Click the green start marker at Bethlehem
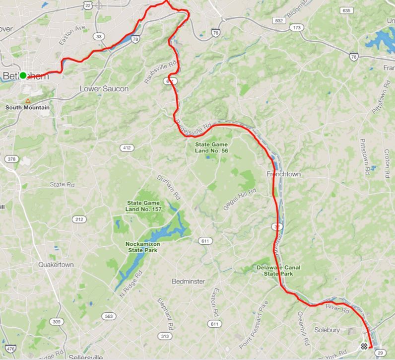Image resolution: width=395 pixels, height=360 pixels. point(23,75)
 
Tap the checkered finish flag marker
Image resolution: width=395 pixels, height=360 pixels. point(364,346)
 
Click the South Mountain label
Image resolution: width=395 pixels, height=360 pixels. point(27,107)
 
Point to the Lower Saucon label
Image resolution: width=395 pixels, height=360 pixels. point(104,89)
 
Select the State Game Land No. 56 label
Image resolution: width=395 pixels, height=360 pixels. point(211,147)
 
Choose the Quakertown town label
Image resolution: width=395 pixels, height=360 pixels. point(56,265)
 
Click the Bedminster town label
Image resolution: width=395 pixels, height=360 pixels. point(188,281)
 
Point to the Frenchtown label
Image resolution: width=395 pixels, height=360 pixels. point(284,174)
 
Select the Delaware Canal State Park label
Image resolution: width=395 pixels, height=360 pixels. point(278,270)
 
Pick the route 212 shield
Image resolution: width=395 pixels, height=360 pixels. point(79,219)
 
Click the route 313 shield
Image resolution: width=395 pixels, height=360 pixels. point(164,336)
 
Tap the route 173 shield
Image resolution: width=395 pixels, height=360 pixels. point(297,27)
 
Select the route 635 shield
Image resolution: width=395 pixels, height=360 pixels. point(346,10)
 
